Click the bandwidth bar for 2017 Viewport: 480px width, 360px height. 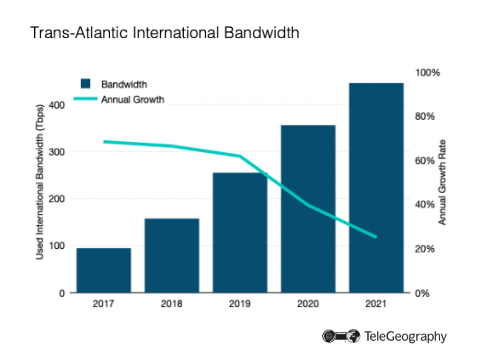(104, 270)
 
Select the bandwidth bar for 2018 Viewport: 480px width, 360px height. (172, 255)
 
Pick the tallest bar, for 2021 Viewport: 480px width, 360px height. (376, 187)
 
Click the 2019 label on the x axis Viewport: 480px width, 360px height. (240, 304)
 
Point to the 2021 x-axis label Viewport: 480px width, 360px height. (376, 304)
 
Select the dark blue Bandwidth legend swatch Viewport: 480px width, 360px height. (86, 84)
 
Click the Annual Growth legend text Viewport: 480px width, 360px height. (133, 99)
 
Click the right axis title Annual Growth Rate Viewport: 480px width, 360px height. (442, 182)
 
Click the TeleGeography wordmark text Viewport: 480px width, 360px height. (405, 336)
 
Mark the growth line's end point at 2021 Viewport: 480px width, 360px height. (376, 237)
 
